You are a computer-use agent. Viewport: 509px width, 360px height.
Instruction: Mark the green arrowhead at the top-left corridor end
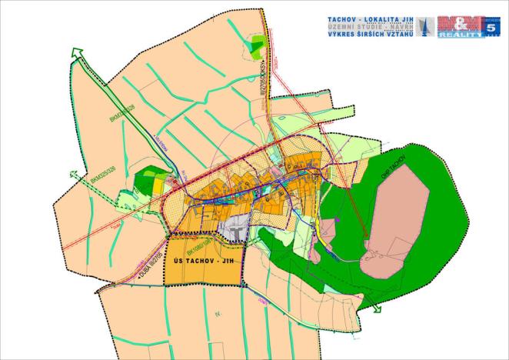tap(75, 52)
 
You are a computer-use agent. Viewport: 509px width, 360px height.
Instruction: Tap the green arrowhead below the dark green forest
tap(376, 309)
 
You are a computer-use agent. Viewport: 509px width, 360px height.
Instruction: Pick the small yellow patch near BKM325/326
tap(158, 185)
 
